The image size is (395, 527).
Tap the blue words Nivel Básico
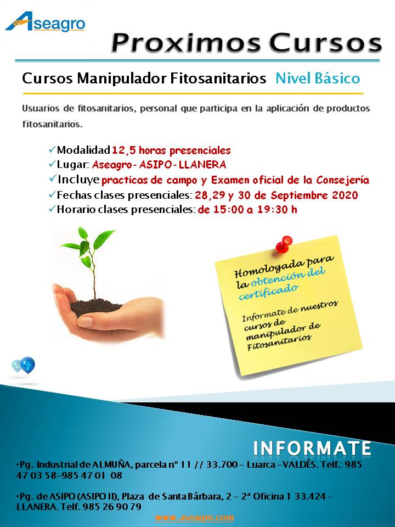click(318, 79)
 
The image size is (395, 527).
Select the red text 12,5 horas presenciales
click(171, 150)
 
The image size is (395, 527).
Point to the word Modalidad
click(83, 150)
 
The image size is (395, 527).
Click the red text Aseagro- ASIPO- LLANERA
click(159, 165)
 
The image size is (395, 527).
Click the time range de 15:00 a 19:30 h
click(247, 210)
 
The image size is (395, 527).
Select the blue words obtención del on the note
click(288, 276)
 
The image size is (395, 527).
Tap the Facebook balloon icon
click(27, 365)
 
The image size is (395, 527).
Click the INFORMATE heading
click(312, 447)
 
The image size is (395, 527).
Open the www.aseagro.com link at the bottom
click(194, 517)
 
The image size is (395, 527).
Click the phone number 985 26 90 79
click(111, 507)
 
